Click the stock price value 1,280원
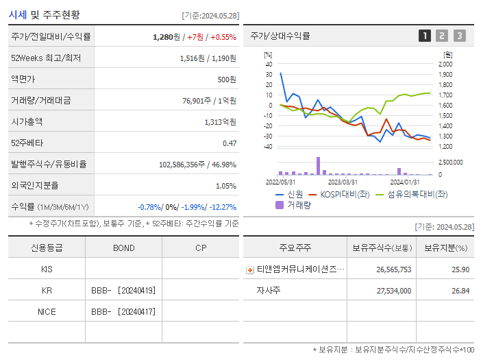click(165, 37)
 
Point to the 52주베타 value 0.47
click(229, 143)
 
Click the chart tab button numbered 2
click(442, 36)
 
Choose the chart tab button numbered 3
click(459, 36)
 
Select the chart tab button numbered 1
click(425, 36)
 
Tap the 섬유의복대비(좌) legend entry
click(410, 194)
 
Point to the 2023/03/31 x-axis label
click(343, 182)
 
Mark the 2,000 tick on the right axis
click(445, 64)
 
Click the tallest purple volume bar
click(318, 166)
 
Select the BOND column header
click(123, 248)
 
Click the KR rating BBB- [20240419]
click(123, 291)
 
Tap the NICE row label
click(47, 312)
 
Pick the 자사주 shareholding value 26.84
click(460, 291)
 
